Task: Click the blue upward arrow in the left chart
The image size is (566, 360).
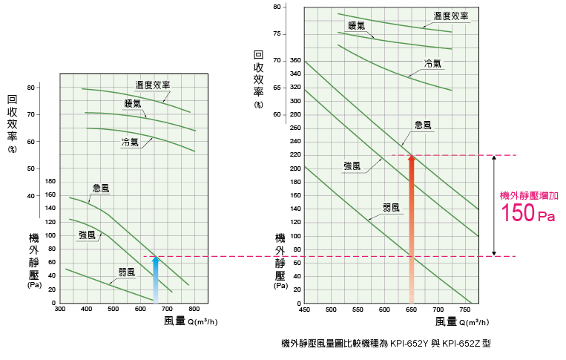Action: pyautogui.click(x=155, y=276)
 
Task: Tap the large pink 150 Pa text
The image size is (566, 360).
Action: pyautogui.click(x=527, y=214)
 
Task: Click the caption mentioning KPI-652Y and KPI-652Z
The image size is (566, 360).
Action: pyautogui.click(x=386, y=344)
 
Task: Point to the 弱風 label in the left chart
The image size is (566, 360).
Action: pyautogui.click(x=127, y=272)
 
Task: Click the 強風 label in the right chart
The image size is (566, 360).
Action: pyautogui.click(x=352, y=166)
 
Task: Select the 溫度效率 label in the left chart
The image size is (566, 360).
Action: pyautogui.click(x=152, y=85)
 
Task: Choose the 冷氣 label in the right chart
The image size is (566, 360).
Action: pyautogui.click(x=433, y=63)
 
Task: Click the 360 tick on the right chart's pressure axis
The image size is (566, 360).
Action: pyautogui.click(x=295, y=60)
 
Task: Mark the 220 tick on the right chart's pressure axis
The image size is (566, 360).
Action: pyautogui.click(x=295, y=155)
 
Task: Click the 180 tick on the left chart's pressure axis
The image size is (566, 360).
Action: pyautogui.click(x=50, y=181)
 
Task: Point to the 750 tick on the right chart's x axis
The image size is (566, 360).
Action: pyautogui.click(x=465, y=309)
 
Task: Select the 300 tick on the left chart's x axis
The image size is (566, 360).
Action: pyautogui.click(x=60, y=309)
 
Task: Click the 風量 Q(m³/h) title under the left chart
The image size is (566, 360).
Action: pyautogui.click(x=191, y=321)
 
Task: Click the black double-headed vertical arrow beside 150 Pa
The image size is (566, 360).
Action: pyautogui.click(x=494, y=206)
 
